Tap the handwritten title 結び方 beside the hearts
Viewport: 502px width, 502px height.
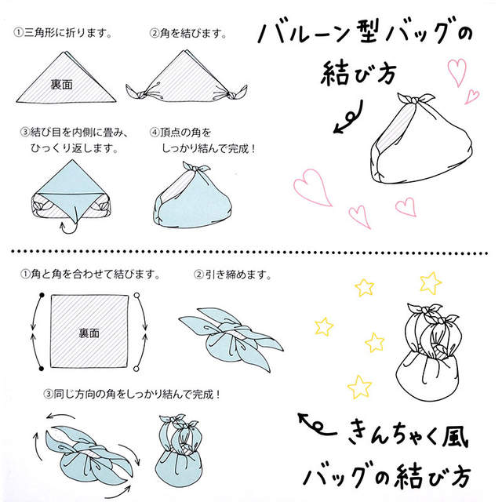(358, 73)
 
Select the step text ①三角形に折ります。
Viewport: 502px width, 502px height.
(63, 32)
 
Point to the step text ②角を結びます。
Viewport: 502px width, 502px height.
(188, 33)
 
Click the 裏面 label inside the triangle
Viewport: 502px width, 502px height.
(62, 85)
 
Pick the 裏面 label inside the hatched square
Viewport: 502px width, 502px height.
(89, 333)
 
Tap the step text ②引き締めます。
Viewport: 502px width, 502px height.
(233, 275)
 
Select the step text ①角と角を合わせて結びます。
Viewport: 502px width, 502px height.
(90, 274)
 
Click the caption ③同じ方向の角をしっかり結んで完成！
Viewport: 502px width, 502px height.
(133, 394)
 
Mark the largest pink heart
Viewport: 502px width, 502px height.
(312, 187)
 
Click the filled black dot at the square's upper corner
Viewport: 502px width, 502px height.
(42, 295)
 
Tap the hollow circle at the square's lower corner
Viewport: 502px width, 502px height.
(136, 369)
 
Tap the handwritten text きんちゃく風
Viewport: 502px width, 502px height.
(408, 435)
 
